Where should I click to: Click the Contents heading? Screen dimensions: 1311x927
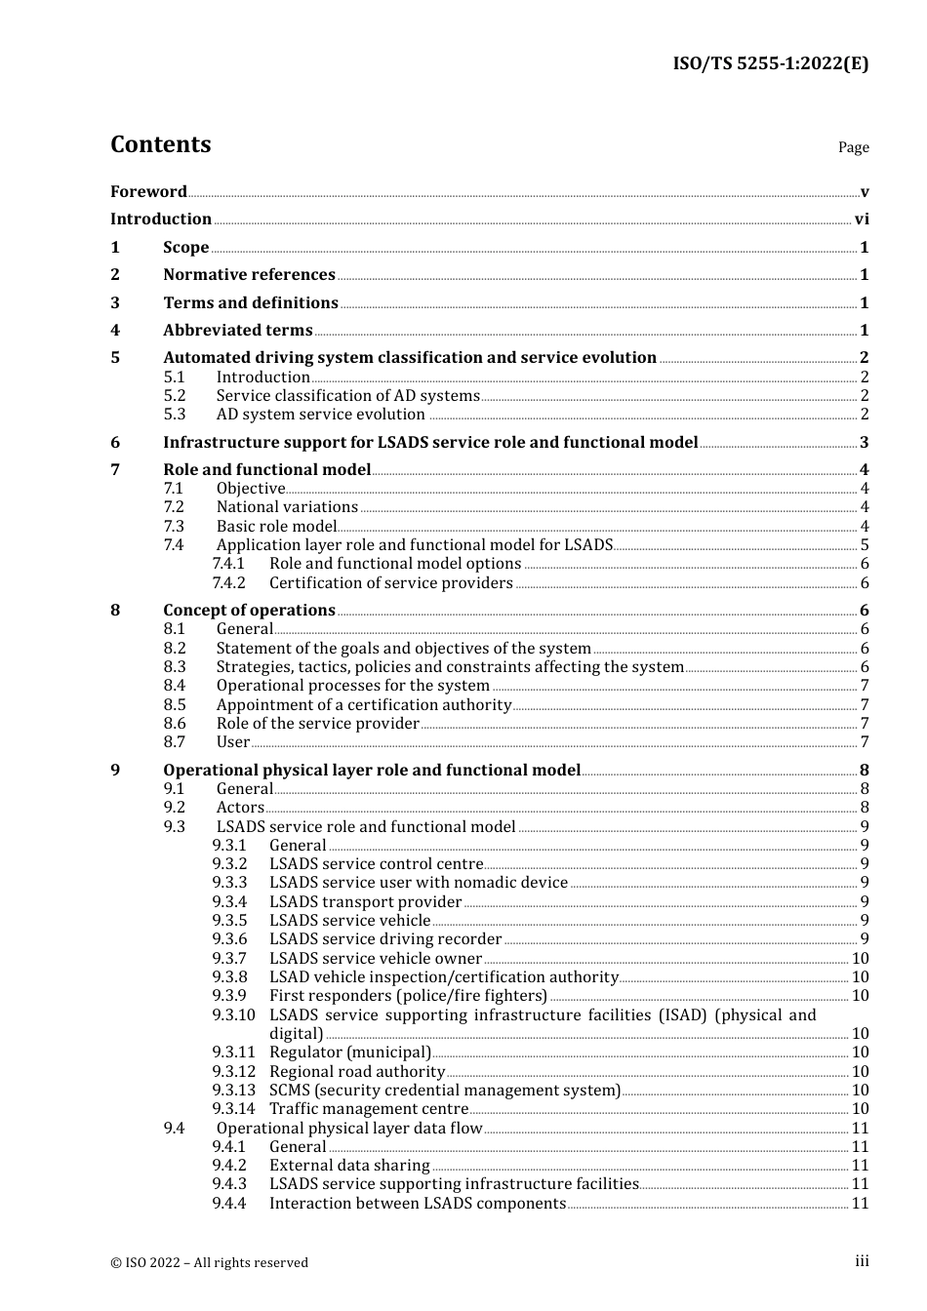point(160,144)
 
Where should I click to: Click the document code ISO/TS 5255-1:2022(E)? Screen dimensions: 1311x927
point(770,63)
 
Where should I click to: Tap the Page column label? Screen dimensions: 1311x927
point(853,147)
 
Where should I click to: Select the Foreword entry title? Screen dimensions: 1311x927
point(148,192)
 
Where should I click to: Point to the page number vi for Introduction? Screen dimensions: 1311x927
point(862,219)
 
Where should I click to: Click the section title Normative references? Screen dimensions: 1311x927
point(249,275)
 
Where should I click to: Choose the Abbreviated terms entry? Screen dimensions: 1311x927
point(237,331)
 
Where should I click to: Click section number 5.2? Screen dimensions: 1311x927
point(174,396)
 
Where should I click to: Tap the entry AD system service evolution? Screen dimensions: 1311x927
point(320,415)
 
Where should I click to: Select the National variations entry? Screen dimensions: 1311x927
point(287,507)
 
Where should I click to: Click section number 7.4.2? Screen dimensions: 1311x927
point(229,583)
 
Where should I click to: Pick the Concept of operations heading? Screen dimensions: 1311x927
point(249,611)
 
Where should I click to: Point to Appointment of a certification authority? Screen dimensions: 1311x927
point(363,705)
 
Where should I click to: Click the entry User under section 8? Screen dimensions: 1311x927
point(232,742)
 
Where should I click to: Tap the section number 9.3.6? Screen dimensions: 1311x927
point(229,939)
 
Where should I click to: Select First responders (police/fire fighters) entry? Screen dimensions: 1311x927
point(408,996)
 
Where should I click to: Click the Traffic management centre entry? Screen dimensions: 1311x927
point(369,1109)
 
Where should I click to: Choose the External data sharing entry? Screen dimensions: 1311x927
point(349,1166)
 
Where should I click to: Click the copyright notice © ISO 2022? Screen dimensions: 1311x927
point(209,1262)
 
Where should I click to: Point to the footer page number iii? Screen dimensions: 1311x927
point(862,1261)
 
